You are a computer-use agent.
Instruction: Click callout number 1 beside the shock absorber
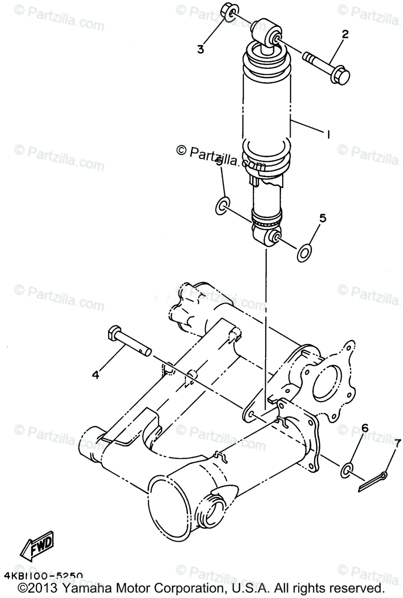tap(328, 134)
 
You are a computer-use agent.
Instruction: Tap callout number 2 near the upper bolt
tap(344, 35)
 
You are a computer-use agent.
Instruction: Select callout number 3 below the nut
tap(201, 49)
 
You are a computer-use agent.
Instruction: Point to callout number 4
tap(95, 374)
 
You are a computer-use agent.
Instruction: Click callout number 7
tap(397, 442)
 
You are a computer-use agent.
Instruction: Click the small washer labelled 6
tap(347, 469)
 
